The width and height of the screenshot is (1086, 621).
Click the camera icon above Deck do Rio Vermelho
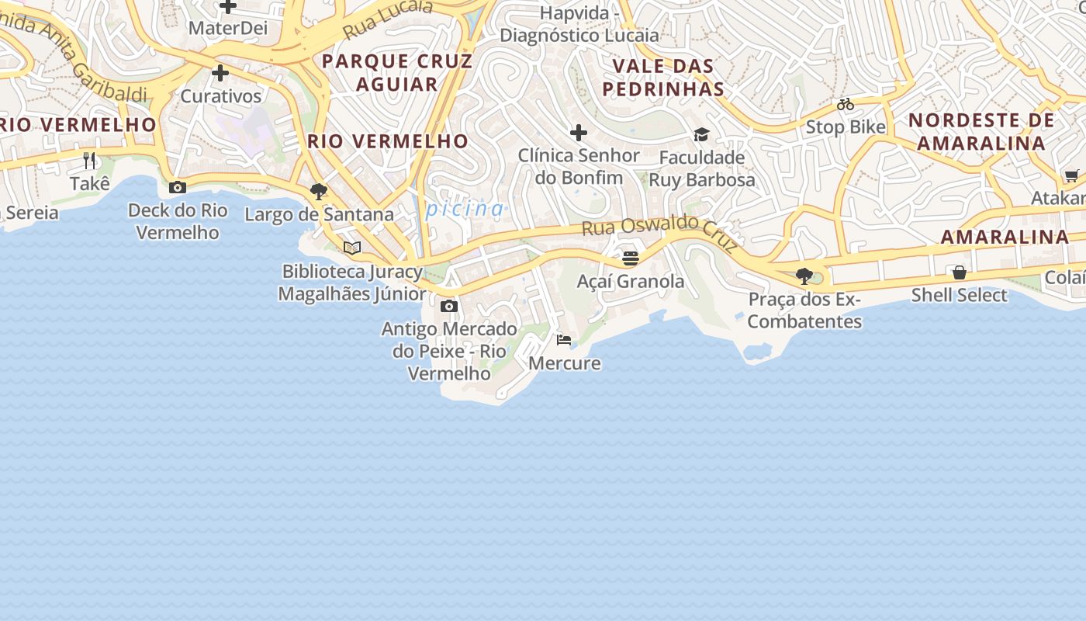178,187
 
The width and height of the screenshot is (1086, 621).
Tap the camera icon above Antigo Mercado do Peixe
448,306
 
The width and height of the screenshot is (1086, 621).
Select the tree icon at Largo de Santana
318,191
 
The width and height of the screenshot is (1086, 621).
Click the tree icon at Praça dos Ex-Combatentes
804,276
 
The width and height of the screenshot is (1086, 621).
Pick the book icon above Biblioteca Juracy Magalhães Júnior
352,248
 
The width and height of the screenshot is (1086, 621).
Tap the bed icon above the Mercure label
564,340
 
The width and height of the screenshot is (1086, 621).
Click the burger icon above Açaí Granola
630,258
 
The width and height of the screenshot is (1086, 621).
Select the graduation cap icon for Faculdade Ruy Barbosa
701,135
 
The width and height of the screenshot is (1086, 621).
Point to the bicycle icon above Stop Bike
845,104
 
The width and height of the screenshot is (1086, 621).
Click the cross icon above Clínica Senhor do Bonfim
579,133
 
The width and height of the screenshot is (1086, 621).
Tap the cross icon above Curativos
220,74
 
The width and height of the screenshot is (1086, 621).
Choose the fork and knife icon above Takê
89,161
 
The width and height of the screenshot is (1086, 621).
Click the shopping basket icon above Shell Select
960,272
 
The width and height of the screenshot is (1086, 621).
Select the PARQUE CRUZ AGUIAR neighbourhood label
396,72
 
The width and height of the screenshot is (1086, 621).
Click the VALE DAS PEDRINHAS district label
663,77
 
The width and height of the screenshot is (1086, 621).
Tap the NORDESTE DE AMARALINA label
981,132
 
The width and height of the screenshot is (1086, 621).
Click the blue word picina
465,209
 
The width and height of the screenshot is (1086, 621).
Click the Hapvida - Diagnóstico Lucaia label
579,24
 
